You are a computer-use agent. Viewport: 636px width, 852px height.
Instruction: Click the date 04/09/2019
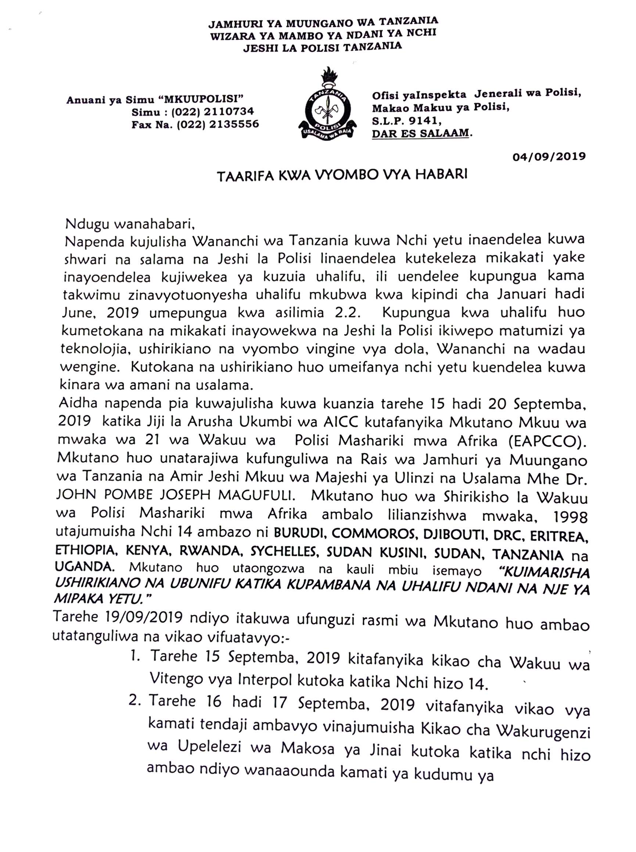click(x=549, y=156)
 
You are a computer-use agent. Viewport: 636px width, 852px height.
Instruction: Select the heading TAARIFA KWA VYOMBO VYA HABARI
click(x=342, y=175)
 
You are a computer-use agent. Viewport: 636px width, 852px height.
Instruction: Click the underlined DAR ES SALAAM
click(x=421, y=133)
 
